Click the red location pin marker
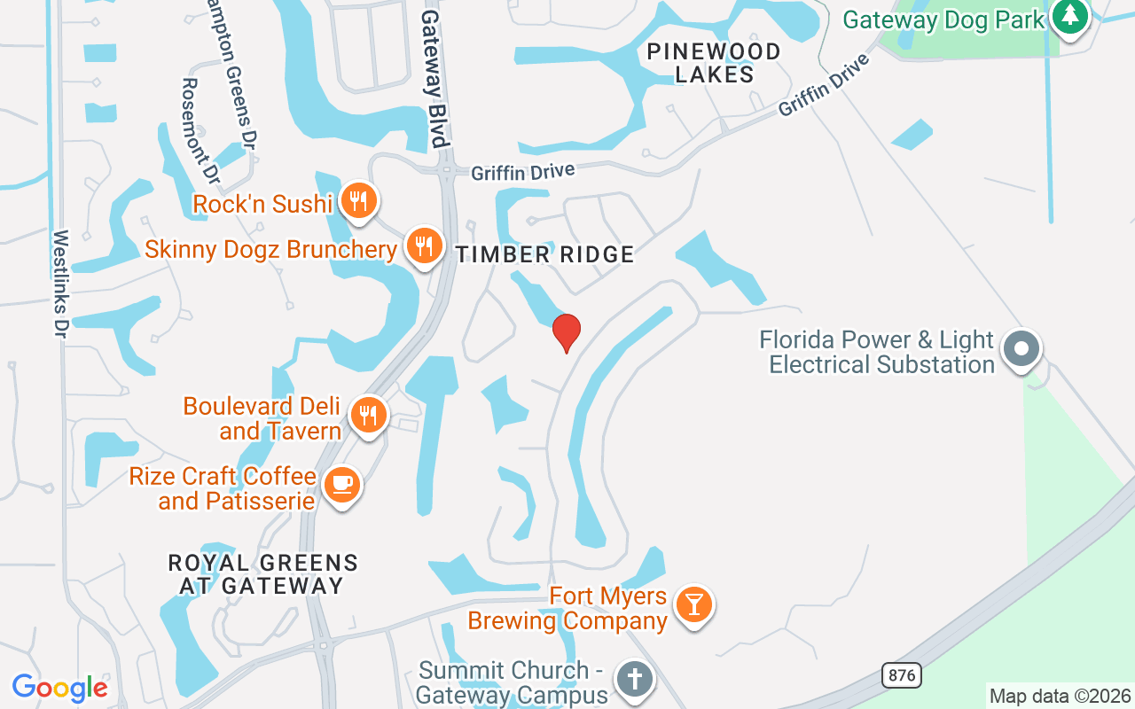coord(567,332)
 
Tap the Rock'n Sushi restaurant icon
coord(357,200)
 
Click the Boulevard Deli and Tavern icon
coord(367,414)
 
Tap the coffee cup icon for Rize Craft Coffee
coord(341,485)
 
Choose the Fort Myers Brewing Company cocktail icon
coord(693,604)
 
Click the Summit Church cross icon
coord(635,680)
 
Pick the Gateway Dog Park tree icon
coord(1070,16)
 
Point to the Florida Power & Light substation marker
coord(1021,348)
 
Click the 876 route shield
coord(902,675)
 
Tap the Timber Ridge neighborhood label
coord(544,255)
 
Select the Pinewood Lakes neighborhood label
coord(714,63)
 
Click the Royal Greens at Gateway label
coord(262,574)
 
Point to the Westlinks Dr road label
coord(61,284)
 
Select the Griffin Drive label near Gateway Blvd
coord(522,172)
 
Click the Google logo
coord(59,688)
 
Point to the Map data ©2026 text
coord(1060,696)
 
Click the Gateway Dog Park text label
coord(943,19)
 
